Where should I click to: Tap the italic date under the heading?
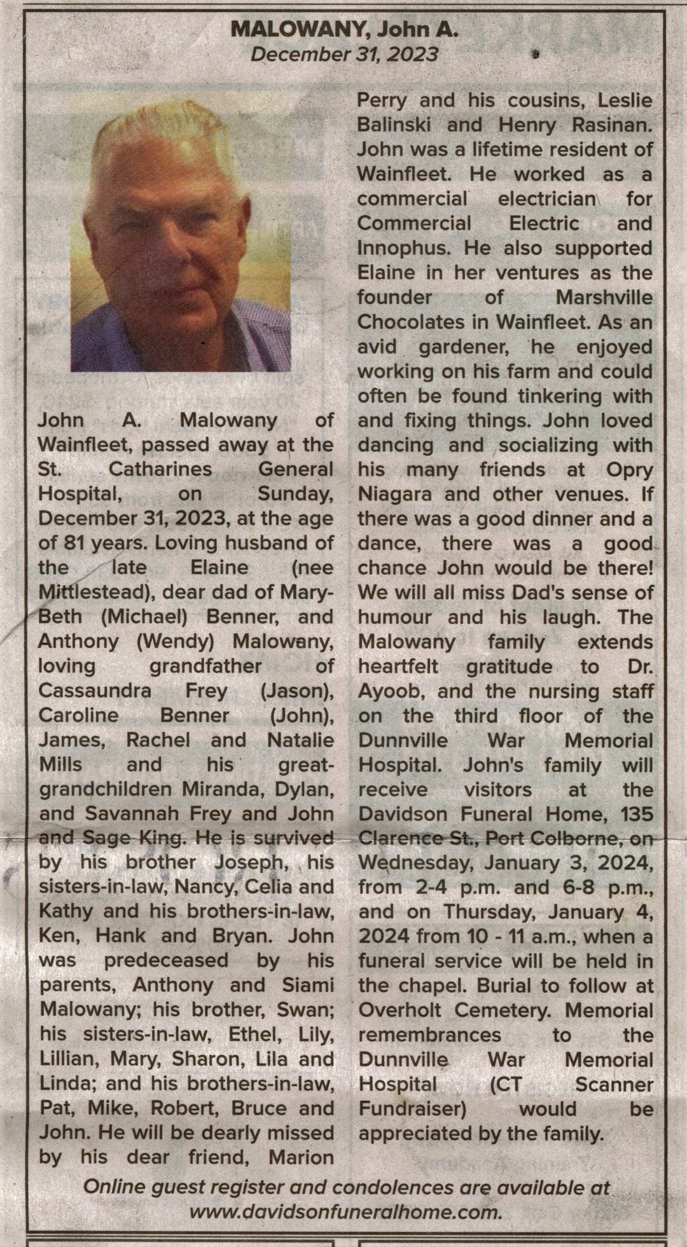tap(344, 54)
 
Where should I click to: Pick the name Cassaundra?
tap(95, 690)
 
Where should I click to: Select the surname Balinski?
tap(394, 125)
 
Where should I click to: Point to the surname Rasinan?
tap(611, 125)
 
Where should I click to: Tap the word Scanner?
tap(614, 1084)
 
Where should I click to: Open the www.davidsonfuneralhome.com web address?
tap(346, 1211)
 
